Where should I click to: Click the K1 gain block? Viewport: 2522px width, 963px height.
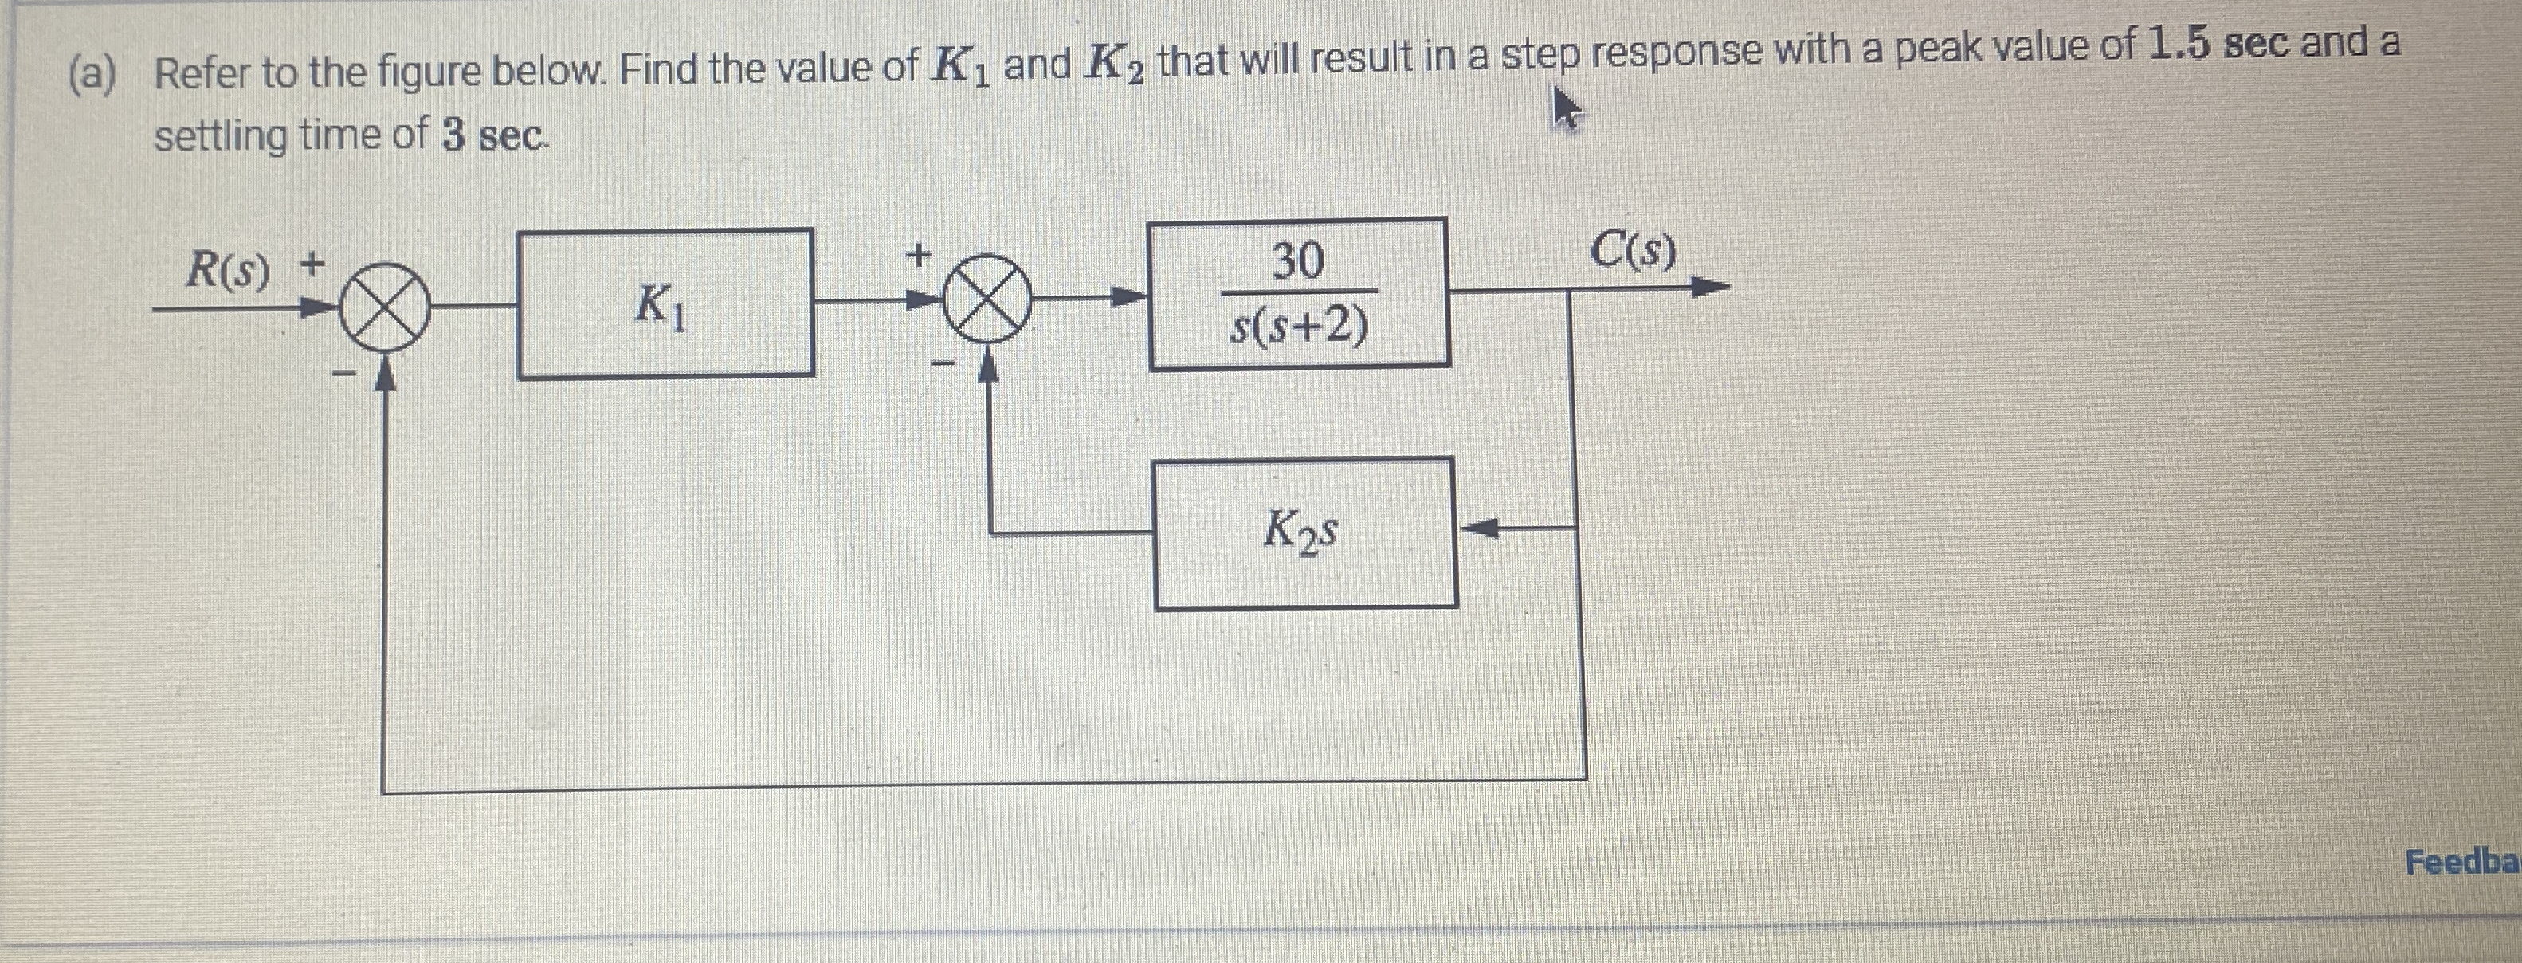[x=665, y=303]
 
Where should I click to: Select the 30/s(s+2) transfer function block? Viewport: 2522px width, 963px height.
[x=1298, y=294]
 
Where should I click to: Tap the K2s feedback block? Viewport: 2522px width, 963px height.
[x=1305, y=534]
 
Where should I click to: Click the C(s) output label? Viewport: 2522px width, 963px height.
[x=1632, y=252]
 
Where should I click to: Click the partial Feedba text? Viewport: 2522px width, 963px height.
[x=2462, y=862]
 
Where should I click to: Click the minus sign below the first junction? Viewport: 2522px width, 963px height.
[x=342, y=373]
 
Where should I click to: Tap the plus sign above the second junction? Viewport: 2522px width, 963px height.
[x=917, y=256]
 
